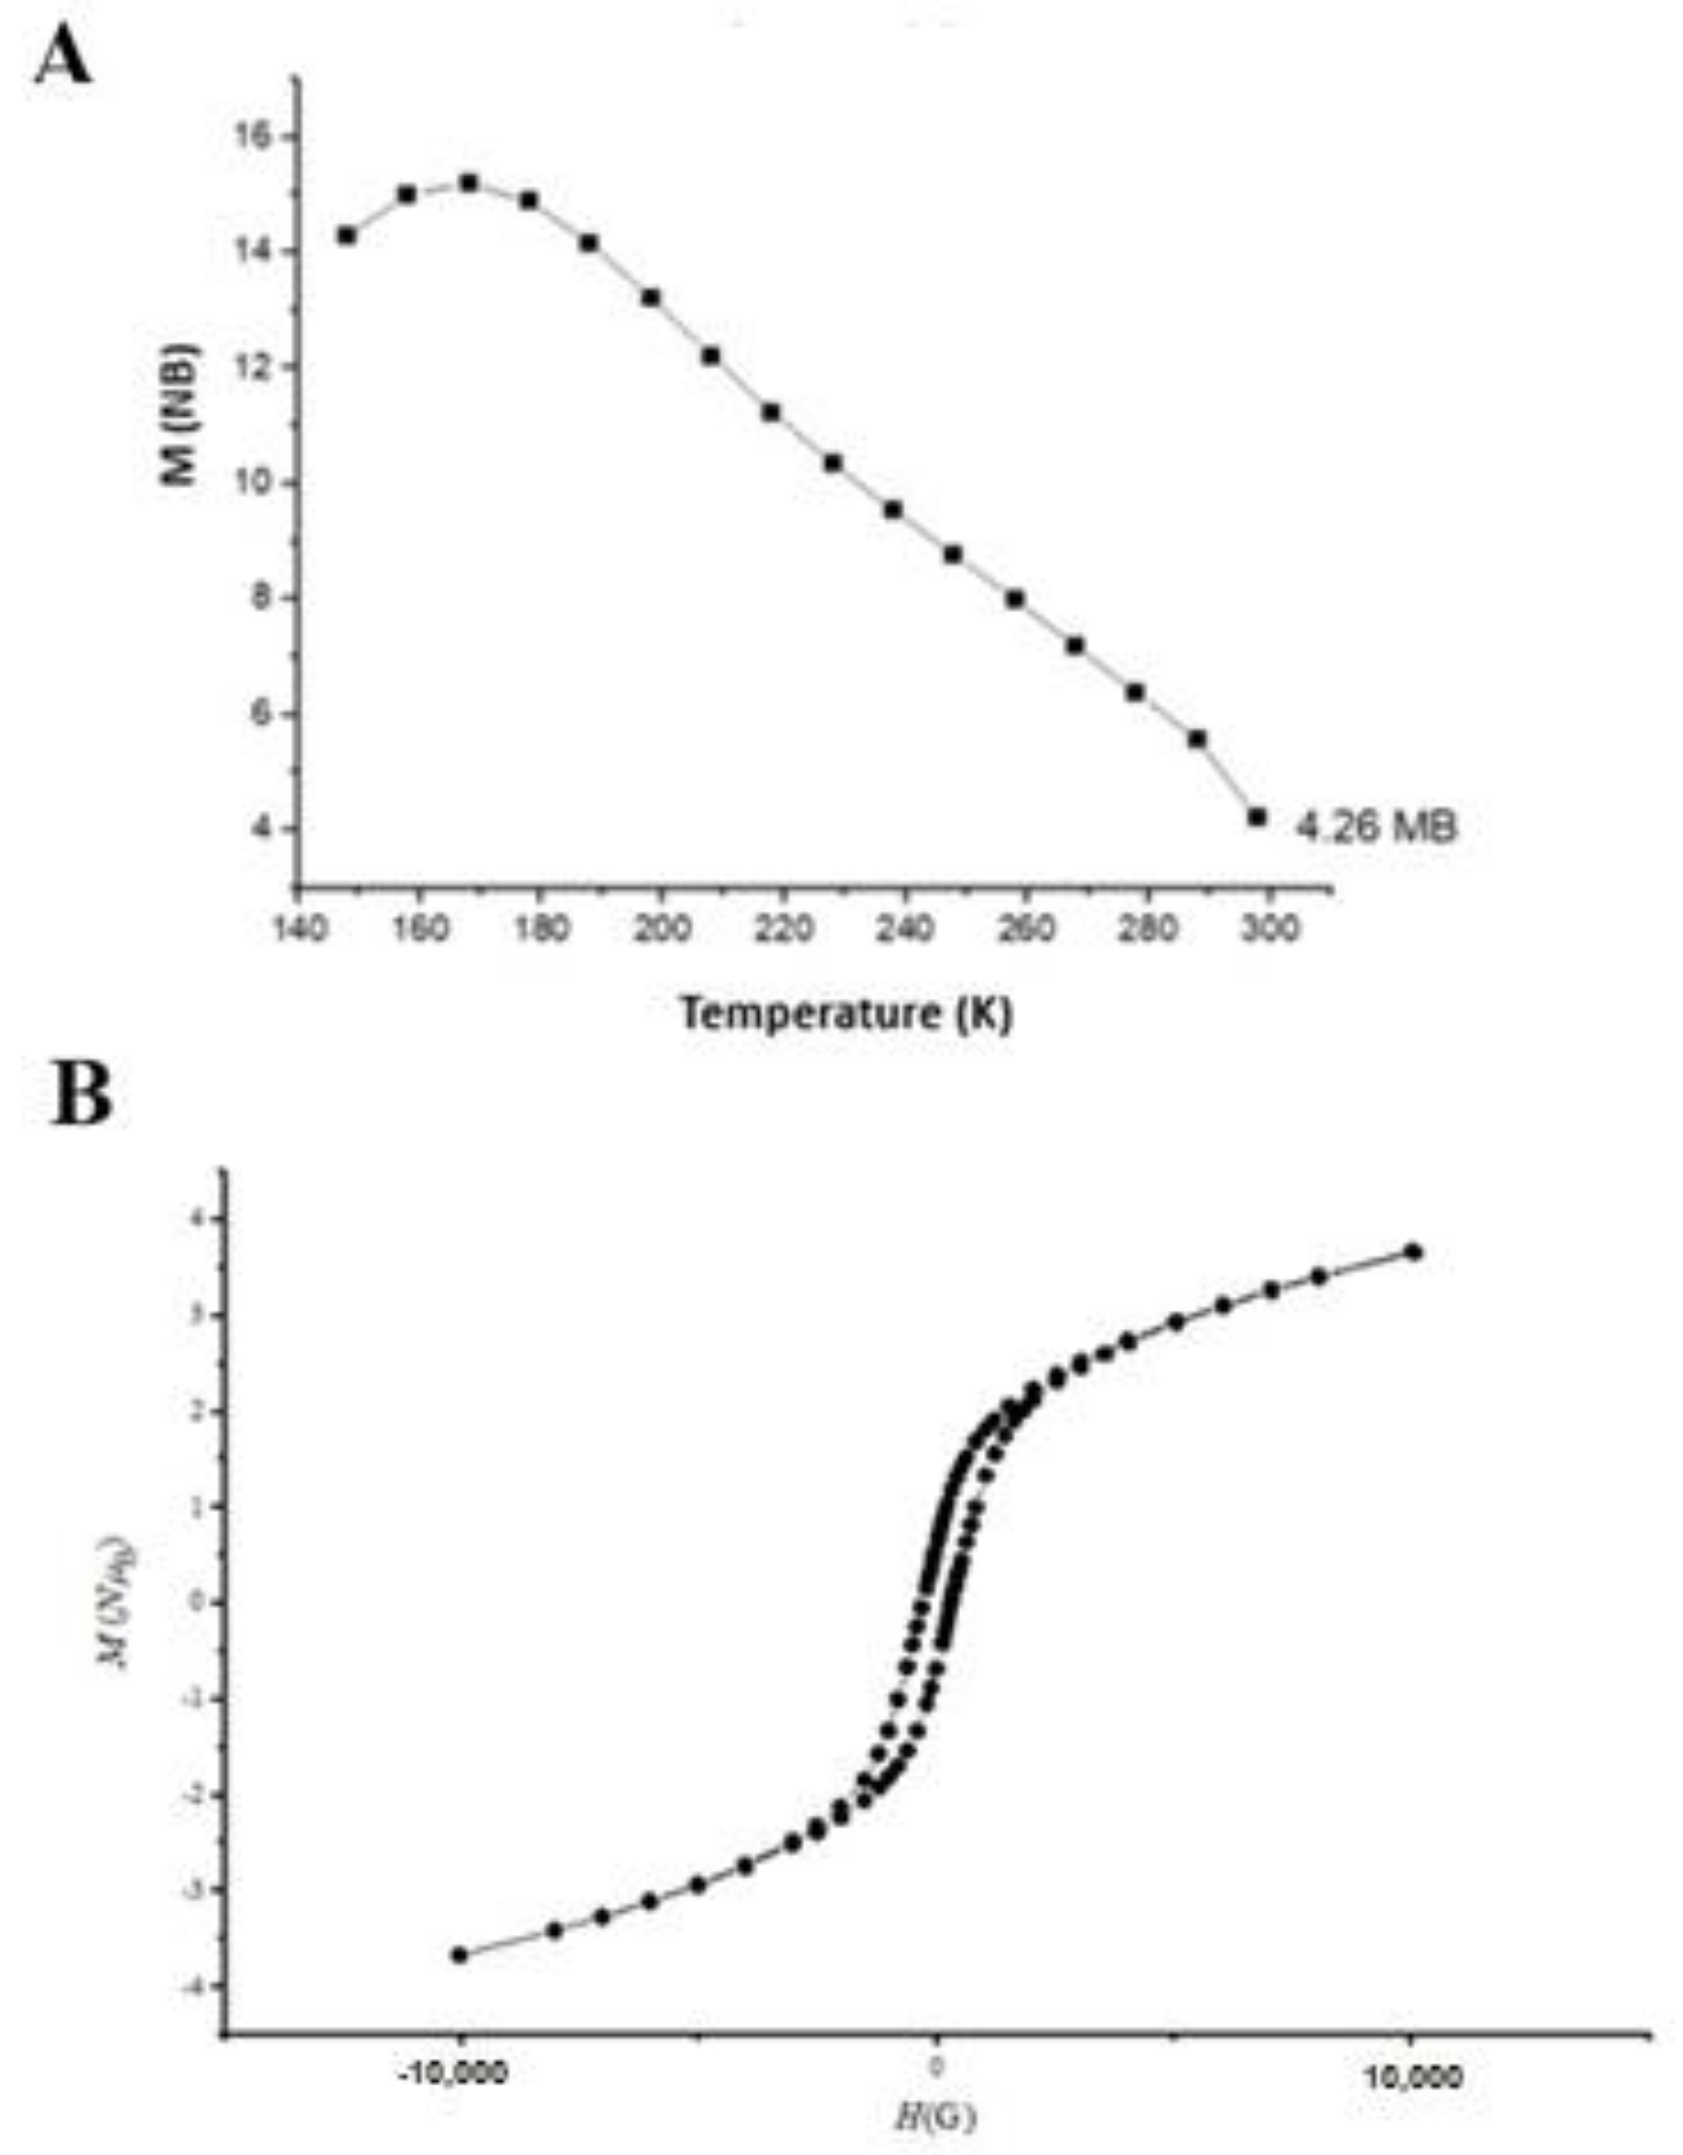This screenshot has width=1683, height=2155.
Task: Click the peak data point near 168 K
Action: pos(469,184)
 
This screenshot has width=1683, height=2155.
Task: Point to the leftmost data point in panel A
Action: pos(347,236)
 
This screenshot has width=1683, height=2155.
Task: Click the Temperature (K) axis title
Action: pos(845,1013)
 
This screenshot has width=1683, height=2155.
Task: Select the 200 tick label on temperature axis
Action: pos(663,930)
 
